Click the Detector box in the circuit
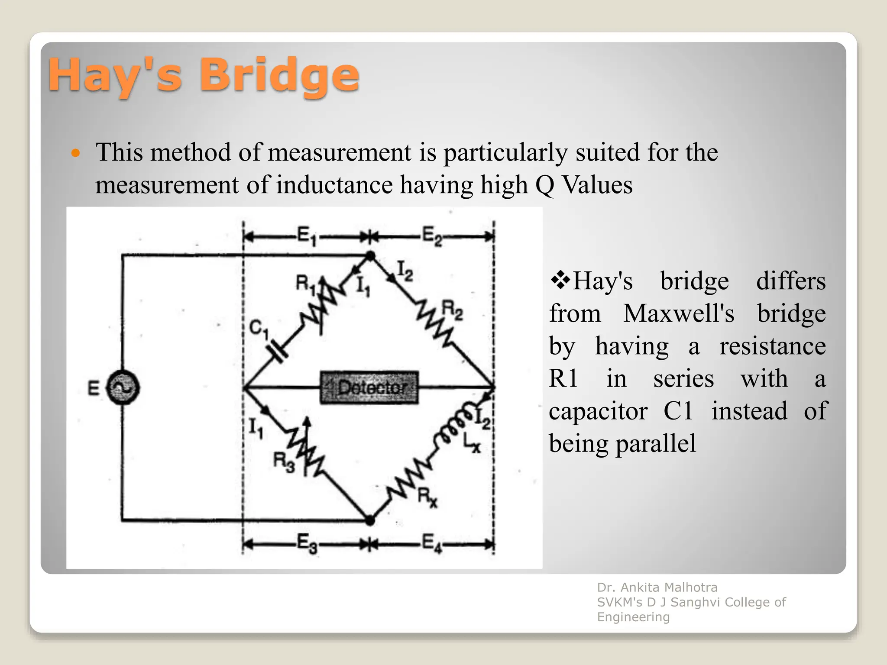click(369, 387)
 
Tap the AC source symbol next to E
click(123, 387)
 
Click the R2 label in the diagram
click(452, 310)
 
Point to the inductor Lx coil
click(453, 426)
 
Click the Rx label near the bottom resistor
click(427, 498)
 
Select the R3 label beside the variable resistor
click(284, 462)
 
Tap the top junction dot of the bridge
click(370, 256)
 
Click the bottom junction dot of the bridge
click(369, 520)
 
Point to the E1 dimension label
click(307, 236)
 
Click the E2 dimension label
click(432, 236)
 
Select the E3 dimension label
click(307, 543)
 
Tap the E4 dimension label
click(432, 543)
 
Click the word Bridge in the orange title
click(279, 76)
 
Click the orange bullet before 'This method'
click(76, 153)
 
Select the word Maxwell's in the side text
click(679, 313)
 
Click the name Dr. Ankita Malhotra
click(657, 588)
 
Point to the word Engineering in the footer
click(633, 617)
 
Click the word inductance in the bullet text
click(334, 185)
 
